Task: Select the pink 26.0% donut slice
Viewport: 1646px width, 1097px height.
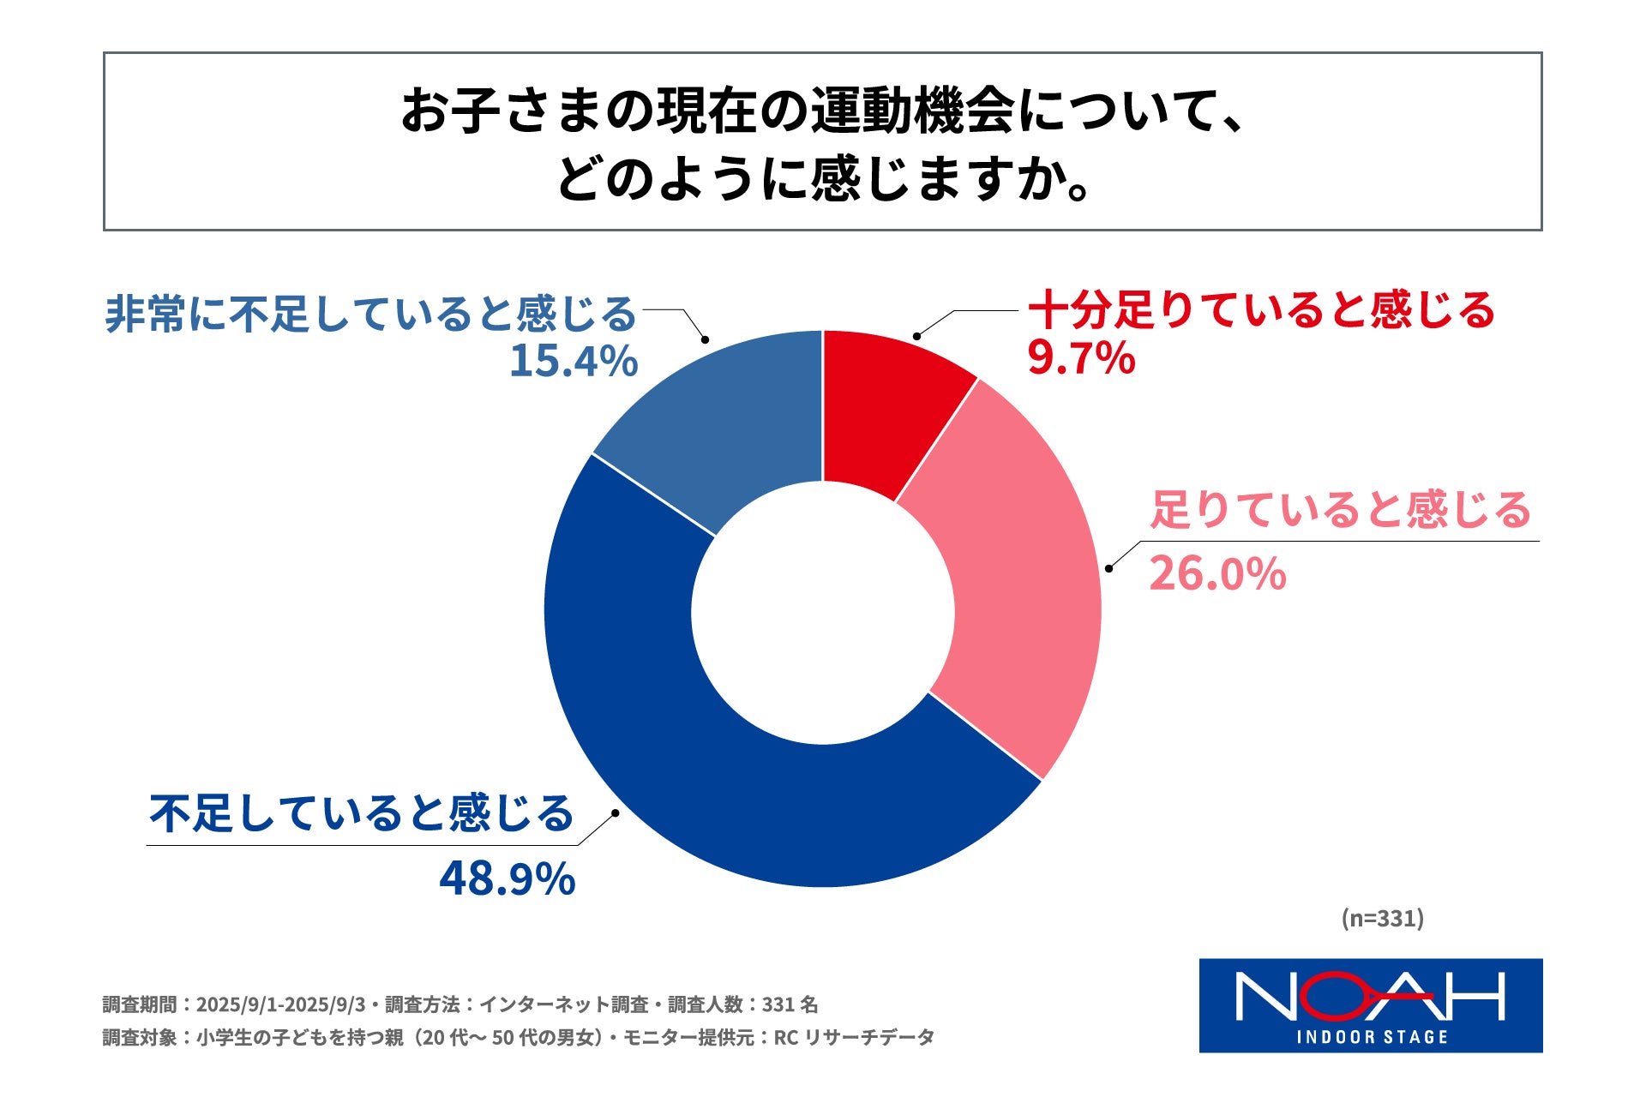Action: coord(1024,583)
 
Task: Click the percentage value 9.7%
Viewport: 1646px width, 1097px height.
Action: coord(1081,358)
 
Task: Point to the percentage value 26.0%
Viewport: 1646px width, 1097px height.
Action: coord(1217,574)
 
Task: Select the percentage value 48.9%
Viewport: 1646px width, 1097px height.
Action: coord(507,879)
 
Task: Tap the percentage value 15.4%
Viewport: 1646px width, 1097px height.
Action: coord(574,361)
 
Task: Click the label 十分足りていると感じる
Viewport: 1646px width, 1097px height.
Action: coord(1261,310)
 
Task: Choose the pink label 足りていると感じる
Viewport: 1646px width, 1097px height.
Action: coord(1340,510)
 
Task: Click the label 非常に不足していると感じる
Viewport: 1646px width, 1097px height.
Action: coord(370,315)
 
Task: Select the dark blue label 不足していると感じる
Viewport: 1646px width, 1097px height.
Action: coord(361,813)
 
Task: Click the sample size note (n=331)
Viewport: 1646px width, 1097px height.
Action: coord(1382,919)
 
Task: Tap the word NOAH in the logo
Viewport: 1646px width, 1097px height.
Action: coord(1369,997)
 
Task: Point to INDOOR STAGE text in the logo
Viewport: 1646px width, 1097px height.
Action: coord(1372,1038)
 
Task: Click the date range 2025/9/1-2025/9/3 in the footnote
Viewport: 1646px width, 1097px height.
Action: coord(280,1004)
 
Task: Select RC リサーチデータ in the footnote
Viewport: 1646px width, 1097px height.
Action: coord(854,1038)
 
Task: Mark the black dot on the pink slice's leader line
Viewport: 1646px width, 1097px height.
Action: coord(1108,568)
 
